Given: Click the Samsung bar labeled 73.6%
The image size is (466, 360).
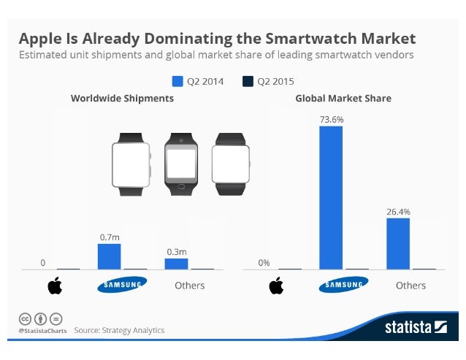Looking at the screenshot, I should coord(331,197).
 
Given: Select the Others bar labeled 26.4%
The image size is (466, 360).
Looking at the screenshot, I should coord(397,243).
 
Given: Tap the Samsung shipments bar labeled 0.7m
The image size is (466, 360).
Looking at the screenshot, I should coord(109,256).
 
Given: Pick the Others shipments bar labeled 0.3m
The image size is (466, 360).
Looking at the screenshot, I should coord(176,264).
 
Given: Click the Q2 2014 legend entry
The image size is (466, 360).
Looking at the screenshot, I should coord(199,81).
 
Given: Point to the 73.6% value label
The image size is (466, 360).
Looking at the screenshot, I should coord(331,118).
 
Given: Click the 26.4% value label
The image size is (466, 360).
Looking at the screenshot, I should coord(398,211).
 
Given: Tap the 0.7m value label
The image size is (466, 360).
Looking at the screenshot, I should coord(109,237).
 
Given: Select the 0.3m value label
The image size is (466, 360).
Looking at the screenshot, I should coord(176,251).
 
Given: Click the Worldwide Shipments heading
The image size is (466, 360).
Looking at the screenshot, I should coord(122,98).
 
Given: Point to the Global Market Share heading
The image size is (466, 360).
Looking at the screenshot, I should coord(343,98).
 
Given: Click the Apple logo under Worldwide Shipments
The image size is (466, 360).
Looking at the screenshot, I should coord(56,286).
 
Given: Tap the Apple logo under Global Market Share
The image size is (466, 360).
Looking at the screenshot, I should coord(276,286).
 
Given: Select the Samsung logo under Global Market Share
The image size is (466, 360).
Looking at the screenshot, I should coord(343,285).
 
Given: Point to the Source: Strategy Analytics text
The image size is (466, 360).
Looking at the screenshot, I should coord(119,330).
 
